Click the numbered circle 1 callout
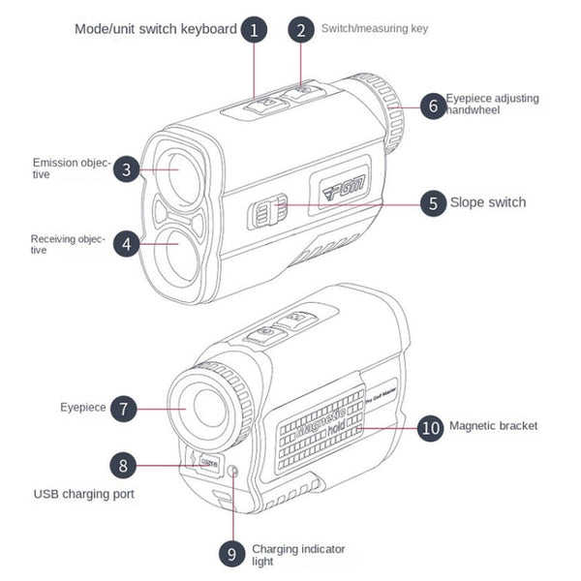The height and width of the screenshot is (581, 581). pyautogui.click(x=254, y=29)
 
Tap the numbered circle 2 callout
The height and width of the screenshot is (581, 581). pyautogui.click(x=301, y=29)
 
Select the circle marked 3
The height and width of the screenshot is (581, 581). pyautogui.click(x=127, y=170)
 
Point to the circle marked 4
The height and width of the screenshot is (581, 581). pyautogui.click(x=127, y=244)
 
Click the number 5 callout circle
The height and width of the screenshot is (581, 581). pyautogui.click(x=433, y=202)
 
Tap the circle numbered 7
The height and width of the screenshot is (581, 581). pyautogui.click(x=123, y=408)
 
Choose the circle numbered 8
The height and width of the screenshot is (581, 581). pyautogui.click(x=123, y=465)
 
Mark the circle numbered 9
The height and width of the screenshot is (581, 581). pyautogui.click(x=230, y=553)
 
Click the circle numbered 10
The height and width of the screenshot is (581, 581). pyautogui.click(x=431, y=426)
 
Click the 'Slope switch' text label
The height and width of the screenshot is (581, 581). pyautogui.click(x=488, y=202)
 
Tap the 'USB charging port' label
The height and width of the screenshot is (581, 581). pyautogui.click(x=84, y=494)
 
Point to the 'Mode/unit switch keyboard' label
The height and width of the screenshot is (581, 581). pyautogui.click(x=155, y=29)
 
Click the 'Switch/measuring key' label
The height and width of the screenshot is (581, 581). pyautogui.click(x=374, y=29)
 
